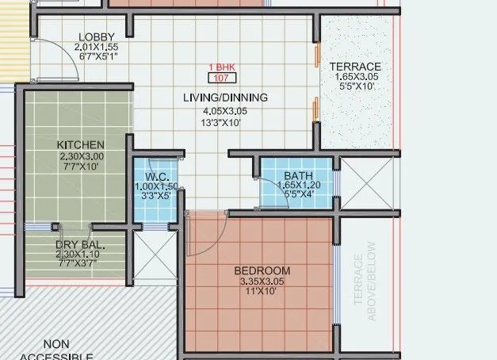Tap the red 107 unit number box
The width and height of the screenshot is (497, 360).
coord(221,78)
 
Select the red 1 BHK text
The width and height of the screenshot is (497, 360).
coord(221,67)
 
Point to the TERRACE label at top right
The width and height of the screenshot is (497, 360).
coord(355,67)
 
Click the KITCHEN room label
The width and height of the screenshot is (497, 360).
coord(81,145)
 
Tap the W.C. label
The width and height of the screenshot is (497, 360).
coord(155,176)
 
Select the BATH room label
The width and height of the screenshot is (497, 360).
coord(298,176)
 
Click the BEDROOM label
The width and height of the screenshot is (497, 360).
coord(259,271)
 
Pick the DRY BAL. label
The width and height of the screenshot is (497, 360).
coord(80,245)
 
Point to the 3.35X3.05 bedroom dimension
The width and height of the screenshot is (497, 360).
coord(259,281)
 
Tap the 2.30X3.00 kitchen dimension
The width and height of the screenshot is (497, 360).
coord(81,156)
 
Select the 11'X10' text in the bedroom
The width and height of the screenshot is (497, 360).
coord(259,292)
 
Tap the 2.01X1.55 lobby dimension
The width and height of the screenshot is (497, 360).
coord(97,47)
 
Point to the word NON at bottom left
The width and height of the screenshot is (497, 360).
coord(56,344)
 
